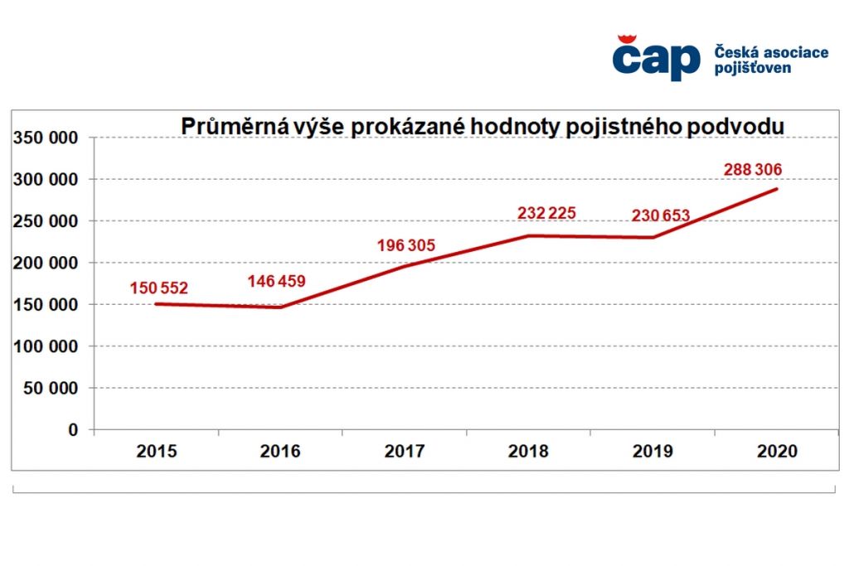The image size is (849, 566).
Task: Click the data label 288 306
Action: pos(752,170)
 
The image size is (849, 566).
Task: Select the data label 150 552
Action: pos(158,288)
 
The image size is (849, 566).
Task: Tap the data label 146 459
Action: pos(276,281)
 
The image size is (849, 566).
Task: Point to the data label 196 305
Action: pos(406,244)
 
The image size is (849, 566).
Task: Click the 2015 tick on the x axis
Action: pos(157,452)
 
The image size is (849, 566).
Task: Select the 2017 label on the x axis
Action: pos(405,452)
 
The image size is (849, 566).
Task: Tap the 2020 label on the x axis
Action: pos(777,452)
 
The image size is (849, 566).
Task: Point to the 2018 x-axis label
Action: pos(529,452)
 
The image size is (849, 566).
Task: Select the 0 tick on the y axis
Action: pos(72,430)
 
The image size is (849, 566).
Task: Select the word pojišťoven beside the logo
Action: pos(752,68)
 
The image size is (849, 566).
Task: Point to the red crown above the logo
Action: pos(627,39)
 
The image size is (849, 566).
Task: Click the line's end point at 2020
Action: pos(777,189)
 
